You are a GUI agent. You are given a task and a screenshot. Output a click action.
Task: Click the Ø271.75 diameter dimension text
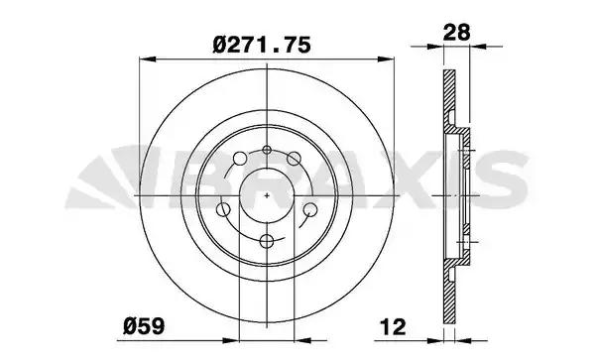tap(262, 46)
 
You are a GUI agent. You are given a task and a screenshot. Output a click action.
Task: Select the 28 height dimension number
tap(457, 32)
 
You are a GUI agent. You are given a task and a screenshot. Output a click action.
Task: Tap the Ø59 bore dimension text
tap(144, 326)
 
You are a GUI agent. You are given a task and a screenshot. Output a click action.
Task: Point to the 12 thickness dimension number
tap(393, 327)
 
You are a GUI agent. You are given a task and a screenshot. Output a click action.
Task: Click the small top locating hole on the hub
tap(267, 150)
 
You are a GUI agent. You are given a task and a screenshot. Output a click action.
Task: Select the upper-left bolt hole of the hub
tap(239, 159)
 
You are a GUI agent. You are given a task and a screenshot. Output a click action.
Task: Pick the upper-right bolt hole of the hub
tap(294, 159)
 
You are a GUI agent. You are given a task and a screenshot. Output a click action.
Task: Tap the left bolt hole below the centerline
tap(223, 209)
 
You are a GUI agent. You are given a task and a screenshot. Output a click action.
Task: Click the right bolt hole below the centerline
tap(310, 209)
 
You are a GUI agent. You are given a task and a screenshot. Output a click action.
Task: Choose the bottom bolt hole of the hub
tap(267, 241)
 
